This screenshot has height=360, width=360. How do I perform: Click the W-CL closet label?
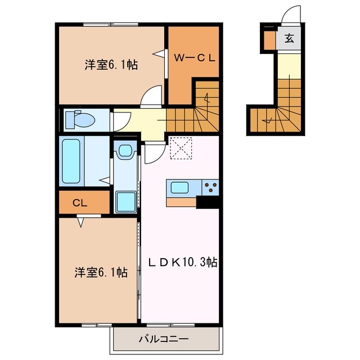(194, 57)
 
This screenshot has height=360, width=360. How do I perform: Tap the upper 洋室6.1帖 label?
(111, 65)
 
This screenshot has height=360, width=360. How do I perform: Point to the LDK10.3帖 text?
(183, 262)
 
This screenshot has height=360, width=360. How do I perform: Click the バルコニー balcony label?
(164, 340)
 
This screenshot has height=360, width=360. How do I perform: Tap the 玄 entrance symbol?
(289, 39)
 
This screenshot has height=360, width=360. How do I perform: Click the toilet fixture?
(79, 119)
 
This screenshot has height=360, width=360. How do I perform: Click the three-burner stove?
(211, 187)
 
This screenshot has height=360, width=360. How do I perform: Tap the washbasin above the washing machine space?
(125, 151)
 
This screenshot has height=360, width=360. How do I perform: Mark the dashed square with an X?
(181, 148)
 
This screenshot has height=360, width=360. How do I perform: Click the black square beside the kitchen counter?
(208, 201)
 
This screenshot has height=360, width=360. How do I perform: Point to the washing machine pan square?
(125, 201)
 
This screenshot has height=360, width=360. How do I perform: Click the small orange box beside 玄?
(269, 39)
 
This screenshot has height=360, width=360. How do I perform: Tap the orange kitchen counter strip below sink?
(181, 201)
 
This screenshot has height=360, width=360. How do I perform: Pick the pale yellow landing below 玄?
(289, 66)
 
